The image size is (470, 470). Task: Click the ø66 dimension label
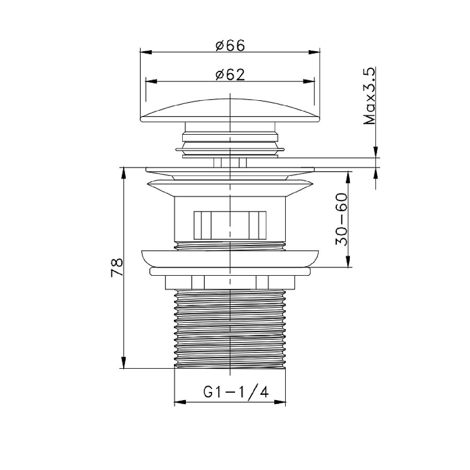[x=230, y=45]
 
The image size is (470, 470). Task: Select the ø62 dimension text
[x=230, y=75]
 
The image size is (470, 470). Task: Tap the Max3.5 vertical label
[x=370, y=96]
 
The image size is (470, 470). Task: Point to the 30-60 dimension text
[x=342, y=219]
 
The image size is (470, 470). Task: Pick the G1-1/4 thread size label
[x=236, y=392]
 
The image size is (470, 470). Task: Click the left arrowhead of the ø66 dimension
[x=146, y=52]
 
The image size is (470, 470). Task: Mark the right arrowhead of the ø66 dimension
[x=314, y=52]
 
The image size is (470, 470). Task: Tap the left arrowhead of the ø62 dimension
[x=151, y=81]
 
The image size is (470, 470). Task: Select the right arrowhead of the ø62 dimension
[x=309, y=81]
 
